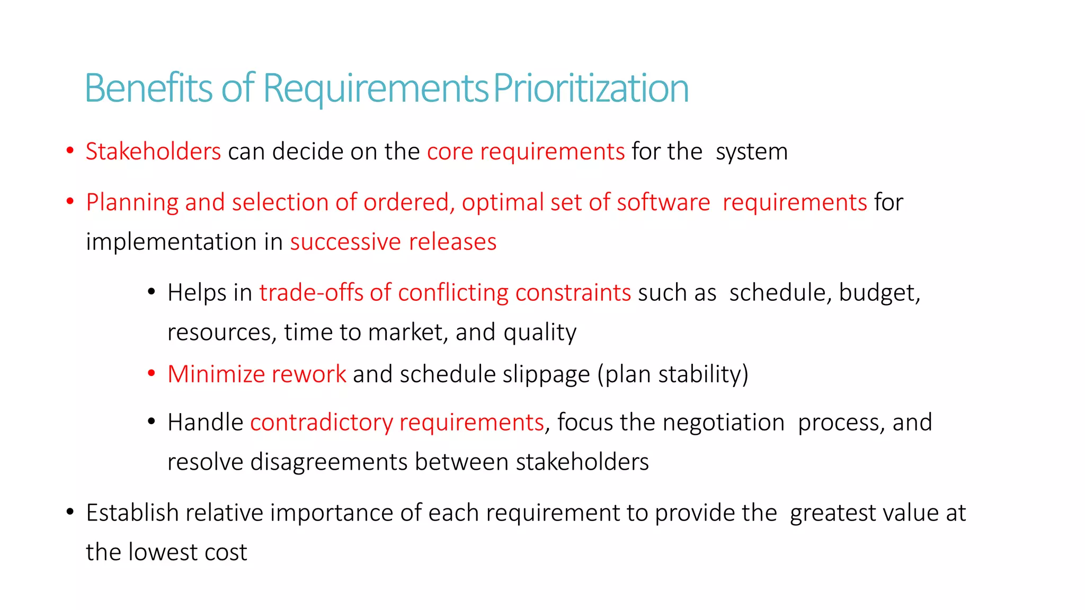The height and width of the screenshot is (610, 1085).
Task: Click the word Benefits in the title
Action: (148, 88)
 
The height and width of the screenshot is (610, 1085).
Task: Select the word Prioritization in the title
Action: (591, 88)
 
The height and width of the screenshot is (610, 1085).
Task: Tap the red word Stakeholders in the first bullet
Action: (153, 151)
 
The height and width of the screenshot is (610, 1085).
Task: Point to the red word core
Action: (450, 151)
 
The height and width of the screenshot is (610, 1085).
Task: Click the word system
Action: (751, 151)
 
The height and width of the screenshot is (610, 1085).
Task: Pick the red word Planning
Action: (132, 202)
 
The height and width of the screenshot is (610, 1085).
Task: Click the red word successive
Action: (345, 242)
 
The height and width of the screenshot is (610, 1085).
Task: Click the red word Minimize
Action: (216, 374)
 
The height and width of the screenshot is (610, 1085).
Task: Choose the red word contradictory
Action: (321, 422)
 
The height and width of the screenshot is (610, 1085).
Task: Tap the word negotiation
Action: (723, 422)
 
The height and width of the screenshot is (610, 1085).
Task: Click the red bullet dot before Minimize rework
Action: (152, 373)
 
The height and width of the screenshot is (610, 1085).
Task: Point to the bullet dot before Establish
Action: (70, 512)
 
